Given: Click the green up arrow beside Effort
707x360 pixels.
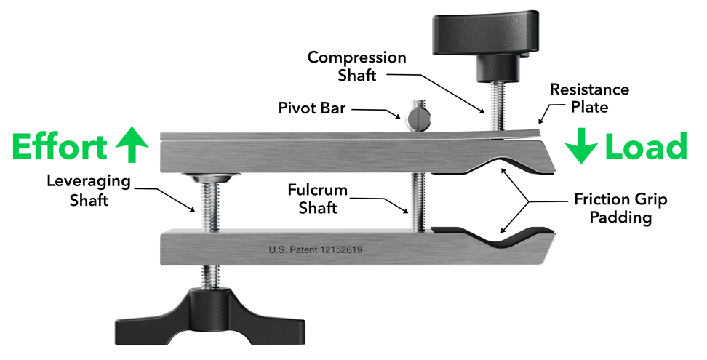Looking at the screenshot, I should coord(132,145).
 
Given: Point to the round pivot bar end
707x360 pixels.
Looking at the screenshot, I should coord(415,116).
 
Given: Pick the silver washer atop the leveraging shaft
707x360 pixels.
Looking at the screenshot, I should coord(207,176).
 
